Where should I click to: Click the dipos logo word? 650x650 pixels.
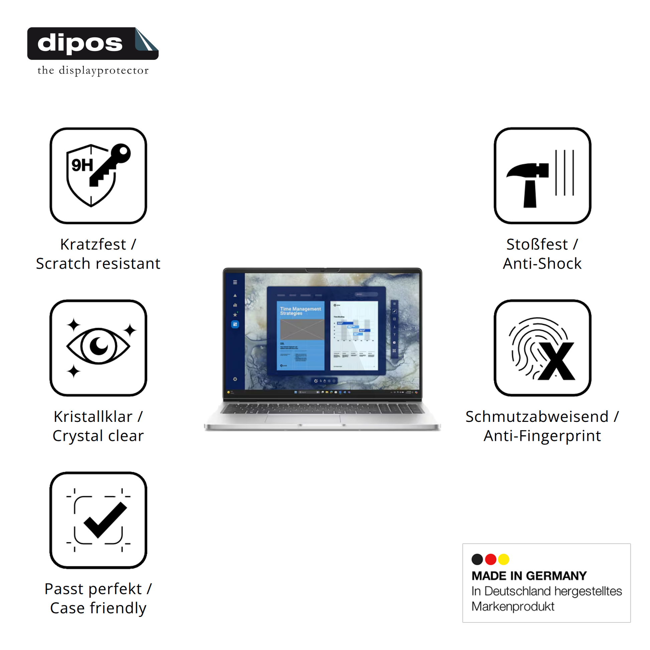click(x=80, y=43)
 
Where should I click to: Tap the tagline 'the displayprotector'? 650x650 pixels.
click(x=93, y=71)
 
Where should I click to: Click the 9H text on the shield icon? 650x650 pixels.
click(x=82, y=165)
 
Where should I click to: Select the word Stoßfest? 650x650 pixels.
click(x=537, y=245)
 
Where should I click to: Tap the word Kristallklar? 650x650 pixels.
click(x=93, y=417)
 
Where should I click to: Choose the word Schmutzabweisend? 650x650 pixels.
click(x=537, y=417)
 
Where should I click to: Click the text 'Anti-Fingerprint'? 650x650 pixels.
click(x=542, y=436)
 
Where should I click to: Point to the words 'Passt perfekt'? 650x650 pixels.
click(x=93, y=589)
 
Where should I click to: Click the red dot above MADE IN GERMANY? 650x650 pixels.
click(x=491, y=559)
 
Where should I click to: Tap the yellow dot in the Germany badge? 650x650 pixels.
click(x=504, y=559)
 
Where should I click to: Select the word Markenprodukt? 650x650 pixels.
click(x=513, y=607)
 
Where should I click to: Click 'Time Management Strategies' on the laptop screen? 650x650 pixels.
click(x=300, y=311)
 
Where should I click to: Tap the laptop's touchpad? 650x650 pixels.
click(x=303, y=419)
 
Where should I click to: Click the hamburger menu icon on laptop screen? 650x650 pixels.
click(x=235, y=282)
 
